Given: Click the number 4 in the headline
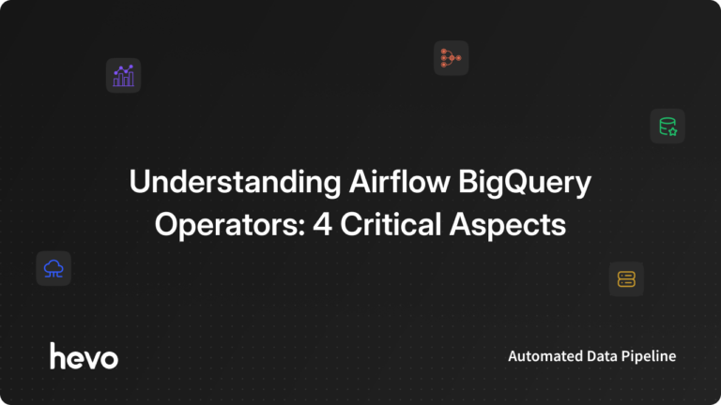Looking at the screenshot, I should pos(311,225).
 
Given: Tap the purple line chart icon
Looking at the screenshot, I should pos(123,76).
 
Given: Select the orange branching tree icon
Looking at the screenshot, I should pos(451,58).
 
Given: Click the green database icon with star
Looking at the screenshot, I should pos(667,127).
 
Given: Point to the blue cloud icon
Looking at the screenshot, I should pos(54,269).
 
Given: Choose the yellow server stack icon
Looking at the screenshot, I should pos(626,278).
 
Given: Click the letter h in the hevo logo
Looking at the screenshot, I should pos(58,356).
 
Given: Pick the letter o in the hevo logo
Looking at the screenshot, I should pos(110,358).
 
